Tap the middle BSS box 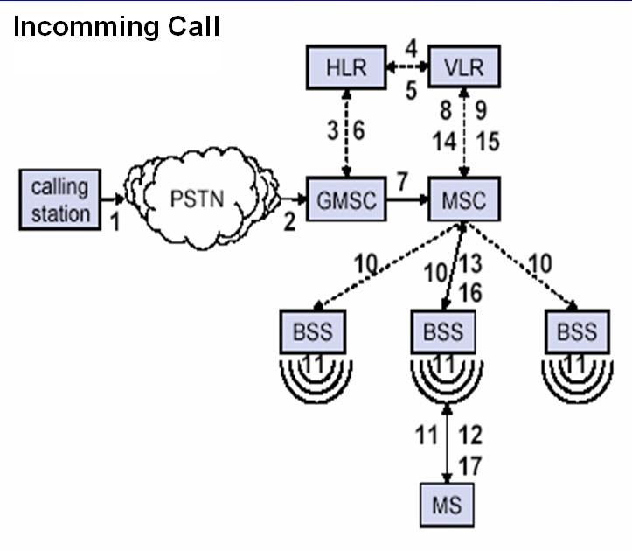tap(444, 332)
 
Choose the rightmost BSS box tap(576, 332)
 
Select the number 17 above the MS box tap(469, 466)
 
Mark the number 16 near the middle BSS tap(470, 293)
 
